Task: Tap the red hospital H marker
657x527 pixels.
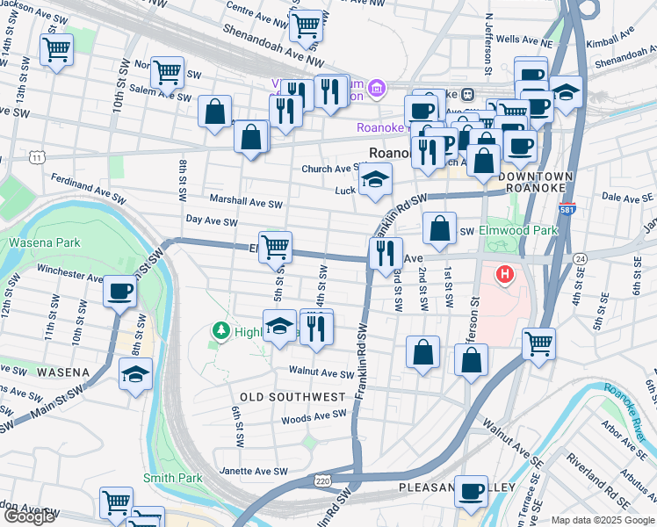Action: point(504,274)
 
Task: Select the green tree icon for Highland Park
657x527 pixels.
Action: point(221,330)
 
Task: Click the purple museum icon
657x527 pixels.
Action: point(377,88)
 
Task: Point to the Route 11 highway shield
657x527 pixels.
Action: point(36,156)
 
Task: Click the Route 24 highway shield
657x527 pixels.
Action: point(581,258)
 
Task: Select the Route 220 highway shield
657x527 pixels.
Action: point(323,480)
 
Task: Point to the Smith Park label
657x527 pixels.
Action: point(173,478)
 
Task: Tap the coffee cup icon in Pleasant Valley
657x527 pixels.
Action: point(471,491)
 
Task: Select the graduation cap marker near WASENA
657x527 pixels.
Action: point(135,375)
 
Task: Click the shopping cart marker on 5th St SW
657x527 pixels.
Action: point(276,248)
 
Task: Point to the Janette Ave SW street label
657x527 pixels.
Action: point(254,472)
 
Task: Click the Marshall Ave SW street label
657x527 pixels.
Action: point(245,202)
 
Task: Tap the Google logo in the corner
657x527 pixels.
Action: point(29,516)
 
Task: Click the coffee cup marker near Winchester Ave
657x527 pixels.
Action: point(119,292)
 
